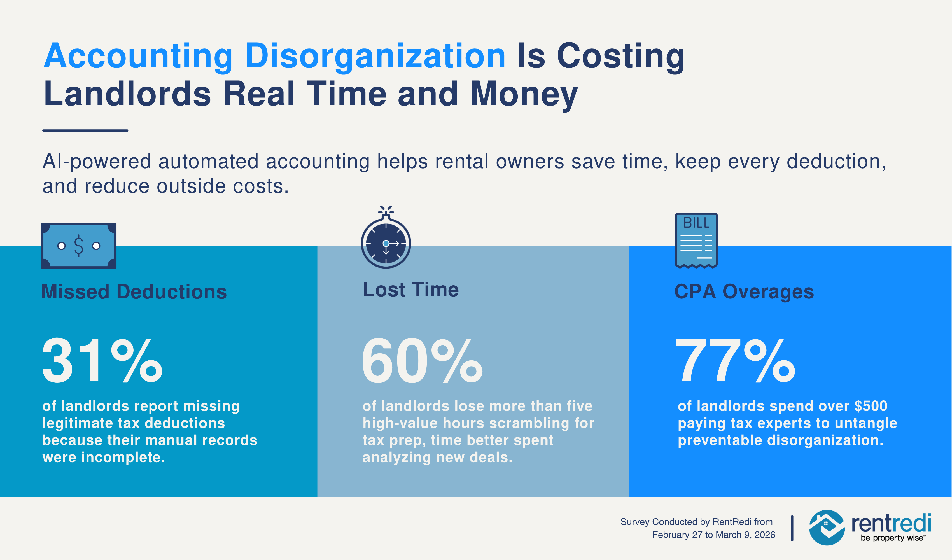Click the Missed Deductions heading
134,292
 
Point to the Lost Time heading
411,290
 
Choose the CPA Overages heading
744,292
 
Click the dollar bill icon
79,246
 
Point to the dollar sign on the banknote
79,246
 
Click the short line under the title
85,130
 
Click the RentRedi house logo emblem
827,528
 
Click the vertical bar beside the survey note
792,528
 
